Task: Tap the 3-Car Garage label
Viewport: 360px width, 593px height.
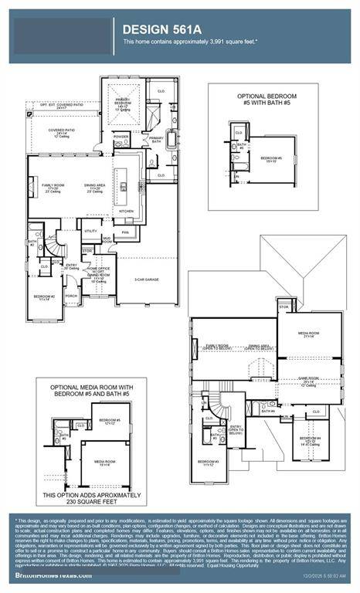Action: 146,280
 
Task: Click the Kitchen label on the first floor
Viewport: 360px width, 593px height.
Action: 126,210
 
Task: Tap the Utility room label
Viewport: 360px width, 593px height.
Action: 91,231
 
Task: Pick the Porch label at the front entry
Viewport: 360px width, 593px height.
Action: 71,295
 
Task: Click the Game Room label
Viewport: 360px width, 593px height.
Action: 308,380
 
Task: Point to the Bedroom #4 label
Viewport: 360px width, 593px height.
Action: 310,440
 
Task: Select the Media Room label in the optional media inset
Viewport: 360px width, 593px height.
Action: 105,463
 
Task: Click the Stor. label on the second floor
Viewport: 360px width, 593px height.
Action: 284,307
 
